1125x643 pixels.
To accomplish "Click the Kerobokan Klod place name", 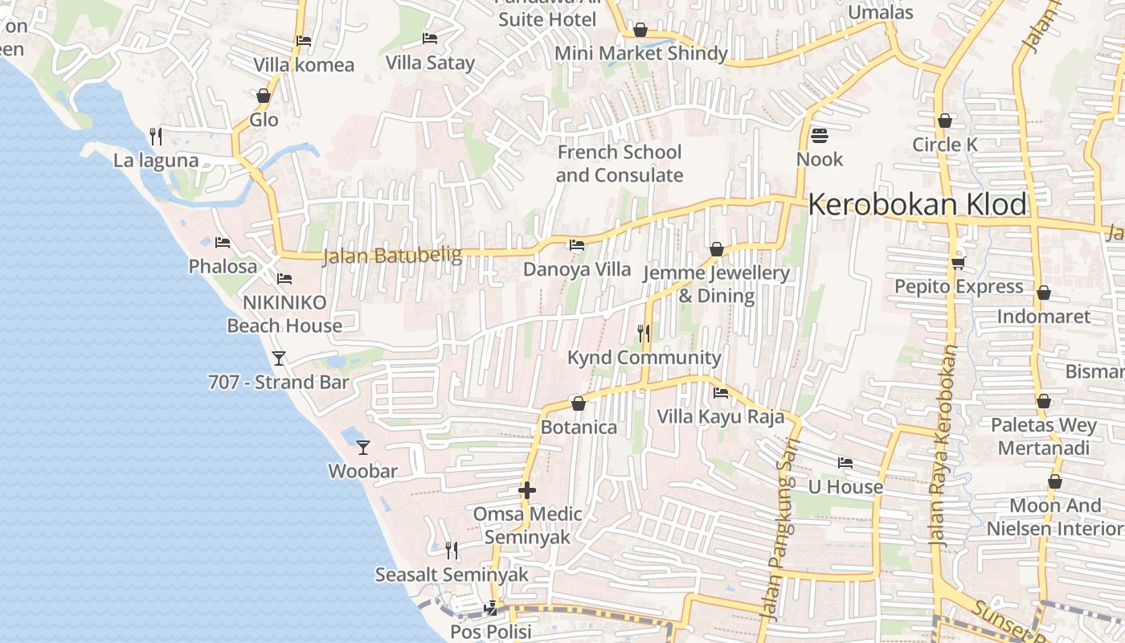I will pyautogui.click(x=917, y=205).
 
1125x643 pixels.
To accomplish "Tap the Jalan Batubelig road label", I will pyautogui.click(x=392, y=256).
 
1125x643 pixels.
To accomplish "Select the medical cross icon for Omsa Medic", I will pyautogui.click(x=527, y=489).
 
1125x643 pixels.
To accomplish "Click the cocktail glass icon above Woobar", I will pyautogui.click(x=363, y=447).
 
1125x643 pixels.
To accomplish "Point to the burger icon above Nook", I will pyautogui.click(x=820, y=135).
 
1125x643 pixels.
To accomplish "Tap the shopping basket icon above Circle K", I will pyautogui.click(x=945, y=121).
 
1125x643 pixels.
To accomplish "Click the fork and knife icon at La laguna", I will pyautogui.click(x=156, y=136).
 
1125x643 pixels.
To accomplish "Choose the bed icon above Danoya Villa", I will pyautogui.click(x=577, y=245).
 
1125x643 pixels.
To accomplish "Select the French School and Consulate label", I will pyautogui.click(x=620, y=163).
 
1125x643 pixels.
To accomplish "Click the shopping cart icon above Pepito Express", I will pyautogui.click(x=958, y=263).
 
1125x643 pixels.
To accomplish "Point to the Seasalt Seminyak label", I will pyautogui.click(x=452, y=575).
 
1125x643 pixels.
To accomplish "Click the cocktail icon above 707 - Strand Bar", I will pyautogui.click(x=279, y=358).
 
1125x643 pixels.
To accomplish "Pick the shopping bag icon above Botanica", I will pyautogui.click(x=578, y=403).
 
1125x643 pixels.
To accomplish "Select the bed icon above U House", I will pyautogui.click(x=845, y=463).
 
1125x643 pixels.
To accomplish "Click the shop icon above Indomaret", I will pyautogui.click(x=1043, y=293).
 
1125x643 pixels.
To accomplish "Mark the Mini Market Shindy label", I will pyautogui.click(x=640, y=53).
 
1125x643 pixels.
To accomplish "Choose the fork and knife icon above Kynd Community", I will pyautogui.click(x=644, y=333).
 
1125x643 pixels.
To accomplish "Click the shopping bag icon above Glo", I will pyautogui.click(x=264, y=96).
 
